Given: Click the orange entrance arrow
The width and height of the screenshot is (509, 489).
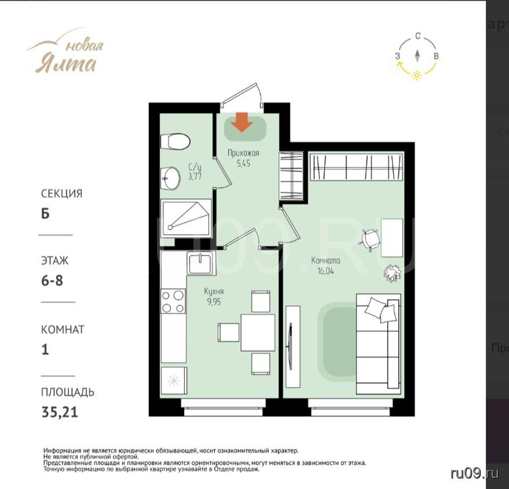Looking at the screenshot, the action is (241, 122).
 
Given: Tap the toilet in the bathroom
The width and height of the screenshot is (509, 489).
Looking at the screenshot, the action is (175, 141).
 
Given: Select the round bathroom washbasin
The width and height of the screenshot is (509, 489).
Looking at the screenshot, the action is (171, 178).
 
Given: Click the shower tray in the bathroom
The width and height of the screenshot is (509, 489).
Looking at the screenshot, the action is (186, 216).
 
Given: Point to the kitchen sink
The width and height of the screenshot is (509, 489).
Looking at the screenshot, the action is (200, 263).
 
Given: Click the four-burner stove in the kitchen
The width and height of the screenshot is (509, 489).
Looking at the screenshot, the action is (173, 301).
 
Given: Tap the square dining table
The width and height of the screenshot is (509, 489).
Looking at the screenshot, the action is (258, 332).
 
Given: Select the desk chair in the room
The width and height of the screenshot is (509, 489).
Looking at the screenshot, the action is (370, 240).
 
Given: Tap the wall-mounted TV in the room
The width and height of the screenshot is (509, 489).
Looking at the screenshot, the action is (290, 346).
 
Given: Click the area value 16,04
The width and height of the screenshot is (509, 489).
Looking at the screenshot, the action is (325, 271).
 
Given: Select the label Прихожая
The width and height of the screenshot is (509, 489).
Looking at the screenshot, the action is (243, 153).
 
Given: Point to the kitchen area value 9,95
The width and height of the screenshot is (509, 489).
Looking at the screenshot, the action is (214, 302).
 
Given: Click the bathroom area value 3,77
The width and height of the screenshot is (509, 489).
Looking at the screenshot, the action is (195, 176).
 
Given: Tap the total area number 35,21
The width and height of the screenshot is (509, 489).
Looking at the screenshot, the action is (60, 413).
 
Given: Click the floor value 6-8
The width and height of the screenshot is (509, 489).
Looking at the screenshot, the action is (52, 280).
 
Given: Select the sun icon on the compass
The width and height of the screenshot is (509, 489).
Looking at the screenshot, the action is (417, 75).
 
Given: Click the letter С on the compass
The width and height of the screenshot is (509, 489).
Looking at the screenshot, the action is (418, 36).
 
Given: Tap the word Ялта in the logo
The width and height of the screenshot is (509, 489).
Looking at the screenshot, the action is (65, 64).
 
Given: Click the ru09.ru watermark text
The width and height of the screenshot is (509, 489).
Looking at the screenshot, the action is (475, 474).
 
